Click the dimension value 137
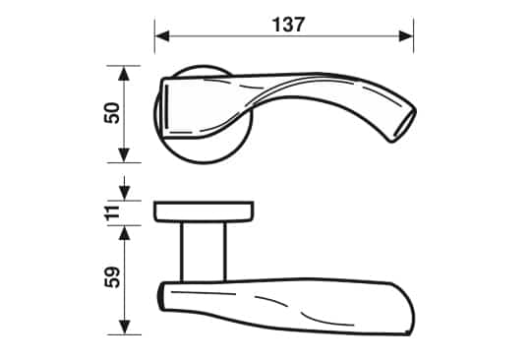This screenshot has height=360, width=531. [x=288, y=25]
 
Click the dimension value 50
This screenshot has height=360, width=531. [x=113, y=113]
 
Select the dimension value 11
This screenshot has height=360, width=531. [x=113, y=212]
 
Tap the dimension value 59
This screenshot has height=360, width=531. [x=113, y=277]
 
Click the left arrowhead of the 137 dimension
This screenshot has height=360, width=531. [x=162, y=35]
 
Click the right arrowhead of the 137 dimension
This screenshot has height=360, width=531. [x=406, y=35]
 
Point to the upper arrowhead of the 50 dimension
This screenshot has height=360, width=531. [x=124, y=73]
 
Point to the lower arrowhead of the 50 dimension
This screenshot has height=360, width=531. [x=124, y=155]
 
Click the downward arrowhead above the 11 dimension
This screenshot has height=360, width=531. [x=124, y=193]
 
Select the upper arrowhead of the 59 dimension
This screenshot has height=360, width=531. [x=124, y=233]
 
